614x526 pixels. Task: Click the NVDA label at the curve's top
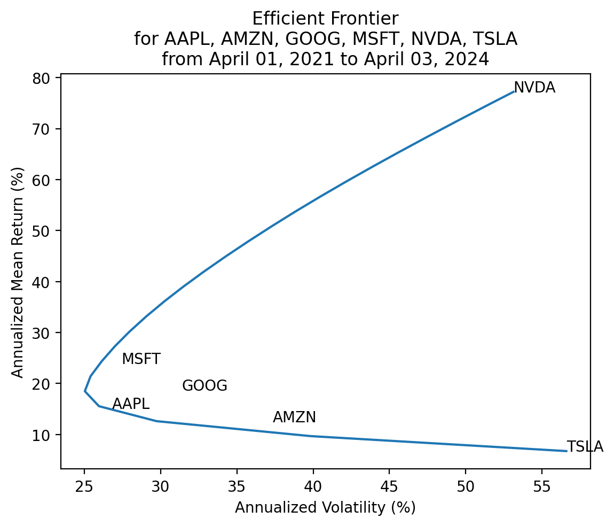[534, 88]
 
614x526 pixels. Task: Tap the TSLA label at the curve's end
[585, 447]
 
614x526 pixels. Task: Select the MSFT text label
[141, 359]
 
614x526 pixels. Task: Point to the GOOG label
[204, 386]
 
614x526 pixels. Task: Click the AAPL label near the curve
[131, 404]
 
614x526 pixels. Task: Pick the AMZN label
[294, 417]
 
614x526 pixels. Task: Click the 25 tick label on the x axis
[84, 486]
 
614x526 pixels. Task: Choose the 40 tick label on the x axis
[313, 486]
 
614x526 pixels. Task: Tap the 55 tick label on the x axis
[542, 486]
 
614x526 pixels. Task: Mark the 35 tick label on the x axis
[237, 486]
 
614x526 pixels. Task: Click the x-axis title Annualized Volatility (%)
[325, 508]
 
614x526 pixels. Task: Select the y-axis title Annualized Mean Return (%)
[18, 272]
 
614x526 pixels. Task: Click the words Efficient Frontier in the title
[325, 19]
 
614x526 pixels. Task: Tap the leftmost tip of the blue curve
[85, 391]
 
